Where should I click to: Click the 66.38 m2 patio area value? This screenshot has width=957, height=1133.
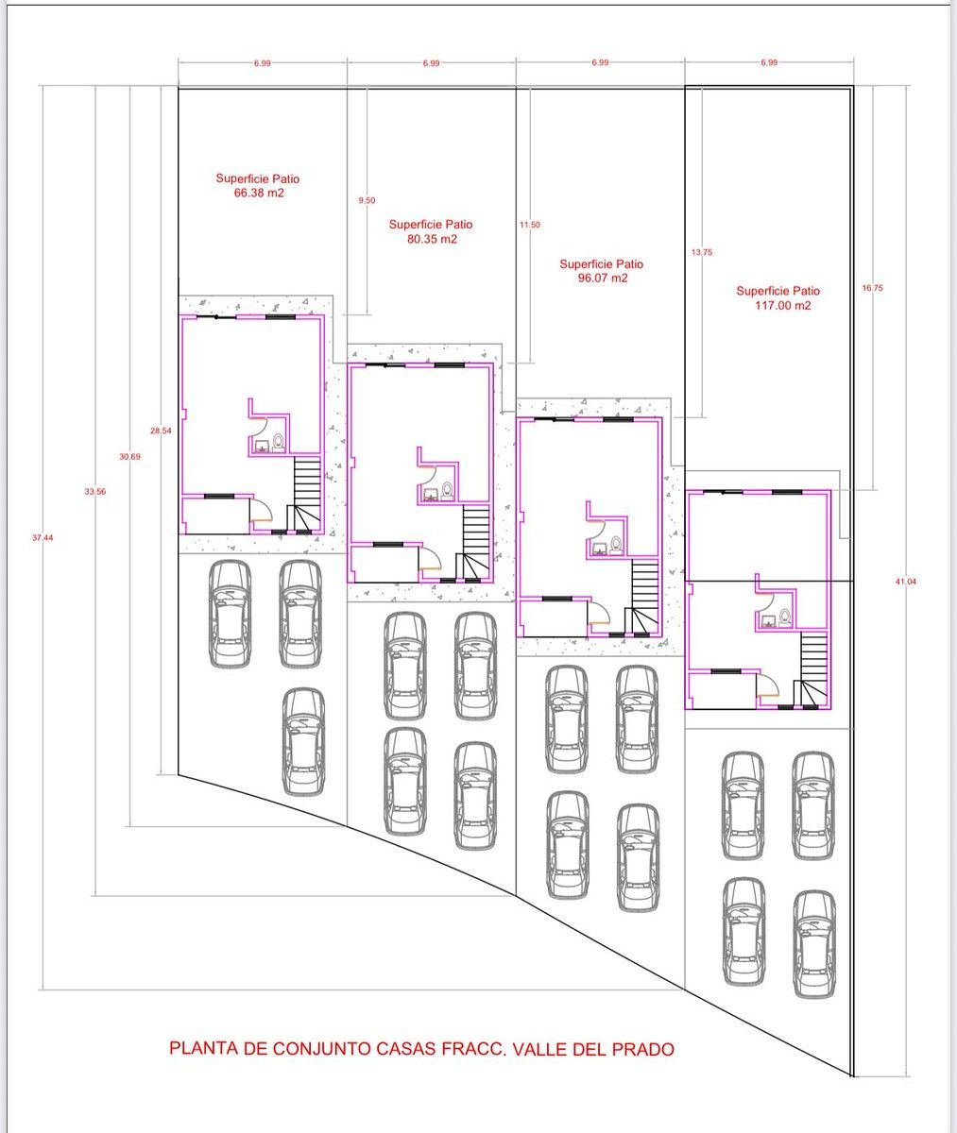click(259, 194)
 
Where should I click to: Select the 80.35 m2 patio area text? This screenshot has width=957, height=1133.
click(432, 239)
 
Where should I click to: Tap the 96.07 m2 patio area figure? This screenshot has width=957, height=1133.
click(603, 279)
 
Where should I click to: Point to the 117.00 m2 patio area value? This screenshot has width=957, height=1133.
click(782, 306)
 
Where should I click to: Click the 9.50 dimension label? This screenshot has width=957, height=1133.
click(367, 200)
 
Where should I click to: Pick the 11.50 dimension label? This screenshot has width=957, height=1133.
click(530, 225)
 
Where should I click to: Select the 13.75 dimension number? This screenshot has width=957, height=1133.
click(702, 252)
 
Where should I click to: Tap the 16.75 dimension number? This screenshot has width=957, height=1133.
click(872, 288)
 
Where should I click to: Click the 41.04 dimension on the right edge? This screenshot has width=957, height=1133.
click(905, 582)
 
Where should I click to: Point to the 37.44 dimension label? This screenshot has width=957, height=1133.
click(43, 538)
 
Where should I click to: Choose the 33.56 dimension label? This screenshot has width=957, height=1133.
click(95, 492)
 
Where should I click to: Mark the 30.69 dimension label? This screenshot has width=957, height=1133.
click(129, 457)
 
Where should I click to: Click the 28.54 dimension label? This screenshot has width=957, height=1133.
click(161, 431)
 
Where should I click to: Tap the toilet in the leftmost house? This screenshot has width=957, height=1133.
click(279, 442)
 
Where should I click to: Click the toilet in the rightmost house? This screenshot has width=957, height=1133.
click(784, 618)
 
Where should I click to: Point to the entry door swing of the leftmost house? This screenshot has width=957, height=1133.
click(263, 510)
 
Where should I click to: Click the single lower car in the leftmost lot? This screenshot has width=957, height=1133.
click(303, 742)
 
